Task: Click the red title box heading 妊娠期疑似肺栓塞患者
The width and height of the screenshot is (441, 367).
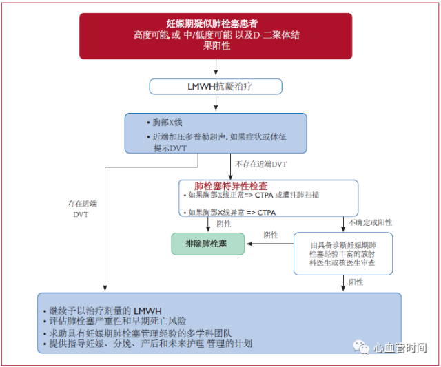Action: tap(216, 36)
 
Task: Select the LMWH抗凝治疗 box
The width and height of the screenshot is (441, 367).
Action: tap(216, 87)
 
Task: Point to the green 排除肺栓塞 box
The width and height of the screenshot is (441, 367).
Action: tap(208, 244)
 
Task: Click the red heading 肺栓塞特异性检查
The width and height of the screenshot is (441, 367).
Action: tap(231, 186)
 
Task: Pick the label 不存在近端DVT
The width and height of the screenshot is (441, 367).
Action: tap(260, 165)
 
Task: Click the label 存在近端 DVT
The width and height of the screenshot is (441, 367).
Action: tap(82, 209)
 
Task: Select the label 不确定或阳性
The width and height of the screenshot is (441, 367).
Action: tap(370, 222)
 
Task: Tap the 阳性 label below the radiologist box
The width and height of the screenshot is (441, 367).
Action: tap(356, 282)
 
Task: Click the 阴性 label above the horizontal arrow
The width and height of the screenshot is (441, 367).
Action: tap(271, 235)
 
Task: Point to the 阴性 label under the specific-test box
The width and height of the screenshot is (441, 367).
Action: tap(224, 224)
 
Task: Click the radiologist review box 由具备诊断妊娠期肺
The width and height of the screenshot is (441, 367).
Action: tap(343, 253)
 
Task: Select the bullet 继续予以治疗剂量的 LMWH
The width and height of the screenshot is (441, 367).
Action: tap(103, 311)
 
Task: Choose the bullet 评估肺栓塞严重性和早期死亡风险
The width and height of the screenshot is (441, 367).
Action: tap(115, 321)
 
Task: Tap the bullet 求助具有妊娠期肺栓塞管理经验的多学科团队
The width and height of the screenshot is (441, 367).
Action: tap(138, 333)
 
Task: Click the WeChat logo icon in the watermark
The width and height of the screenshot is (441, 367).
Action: tap(361, 347)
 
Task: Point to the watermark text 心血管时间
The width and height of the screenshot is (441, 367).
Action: tap(400, 348)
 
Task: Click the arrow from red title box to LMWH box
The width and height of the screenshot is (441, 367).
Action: tap(216, 67)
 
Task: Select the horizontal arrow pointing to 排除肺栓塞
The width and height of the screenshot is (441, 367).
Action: tap(270, 244)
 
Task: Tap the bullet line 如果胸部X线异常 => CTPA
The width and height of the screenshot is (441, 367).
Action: tap(229, 213)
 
